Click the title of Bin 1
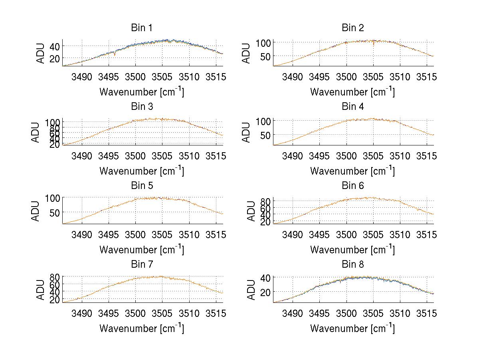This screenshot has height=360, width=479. click(142, 28)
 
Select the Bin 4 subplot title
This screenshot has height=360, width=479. click(353, 107)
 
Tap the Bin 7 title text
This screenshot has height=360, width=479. click(142, 265)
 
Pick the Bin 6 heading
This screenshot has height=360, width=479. click(353, 186)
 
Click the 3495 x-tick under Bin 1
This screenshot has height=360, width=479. click(109, 77)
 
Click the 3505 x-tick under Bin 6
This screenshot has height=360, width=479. click(373, 235)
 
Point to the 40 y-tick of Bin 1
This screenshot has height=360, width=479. click(55, 46)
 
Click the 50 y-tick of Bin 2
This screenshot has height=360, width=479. click(265, 56)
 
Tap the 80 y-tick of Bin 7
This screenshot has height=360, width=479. click(55, 277)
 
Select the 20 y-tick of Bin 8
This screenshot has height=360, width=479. click(265, 292)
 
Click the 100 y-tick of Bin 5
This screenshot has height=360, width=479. click(52, 198)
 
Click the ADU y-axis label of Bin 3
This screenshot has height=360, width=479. click(36, 132)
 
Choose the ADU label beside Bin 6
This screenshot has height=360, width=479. click(251, 211)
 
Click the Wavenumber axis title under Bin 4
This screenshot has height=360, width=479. click(352, 171)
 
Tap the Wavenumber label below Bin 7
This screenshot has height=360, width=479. click(142, 328)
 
